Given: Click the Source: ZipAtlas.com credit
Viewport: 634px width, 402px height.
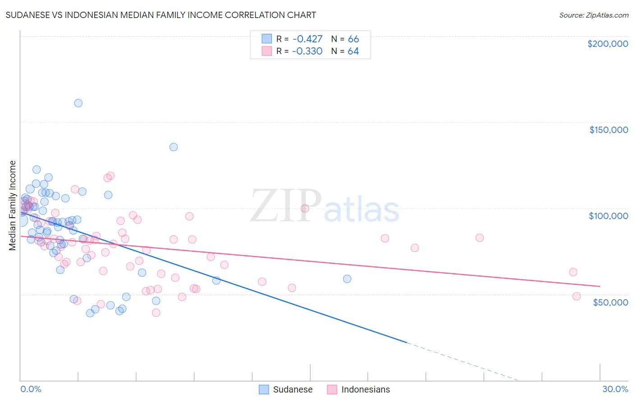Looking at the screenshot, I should (593, 15).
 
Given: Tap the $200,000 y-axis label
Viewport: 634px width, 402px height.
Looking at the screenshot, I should (607, 44).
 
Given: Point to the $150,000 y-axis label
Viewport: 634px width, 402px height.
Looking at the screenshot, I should (608, 130).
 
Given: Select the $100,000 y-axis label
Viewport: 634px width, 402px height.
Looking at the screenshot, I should (608, 216).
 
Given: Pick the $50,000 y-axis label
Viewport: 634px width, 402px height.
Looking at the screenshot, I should (610, 302).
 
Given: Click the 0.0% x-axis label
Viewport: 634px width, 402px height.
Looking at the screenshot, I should (31, 389).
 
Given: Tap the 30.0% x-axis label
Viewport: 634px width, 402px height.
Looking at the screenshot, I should (615, 389).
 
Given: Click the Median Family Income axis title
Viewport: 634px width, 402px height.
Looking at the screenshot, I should (12, 206).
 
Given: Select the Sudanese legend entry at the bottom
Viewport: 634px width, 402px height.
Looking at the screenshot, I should (286, 389).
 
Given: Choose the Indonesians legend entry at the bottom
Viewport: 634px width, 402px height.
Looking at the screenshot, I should (358, 389).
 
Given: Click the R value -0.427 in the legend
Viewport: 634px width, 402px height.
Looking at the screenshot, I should (307, 39).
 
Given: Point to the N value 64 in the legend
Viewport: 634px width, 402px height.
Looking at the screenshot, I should (353, 51).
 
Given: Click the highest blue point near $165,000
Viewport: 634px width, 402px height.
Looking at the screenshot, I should (78, 103).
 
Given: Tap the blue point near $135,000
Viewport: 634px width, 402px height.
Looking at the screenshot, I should (174, 147).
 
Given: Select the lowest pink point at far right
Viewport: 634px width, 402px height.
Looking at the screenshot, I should (576, 296).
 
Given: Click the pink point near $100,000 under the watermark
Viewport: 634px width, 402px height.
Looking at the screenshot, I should (305, 208).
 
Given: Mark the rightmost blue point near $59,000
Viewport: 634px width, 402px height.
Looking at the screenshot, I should (347, 279).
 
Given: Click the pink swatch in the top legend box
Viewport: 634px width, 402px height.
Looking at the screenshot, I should (267, 51).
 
